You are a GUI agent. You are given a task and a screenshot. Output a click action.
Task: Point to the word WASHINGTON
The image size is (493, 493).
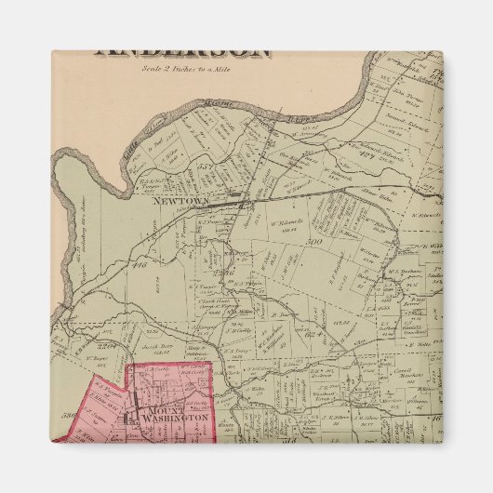point(173,420)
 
